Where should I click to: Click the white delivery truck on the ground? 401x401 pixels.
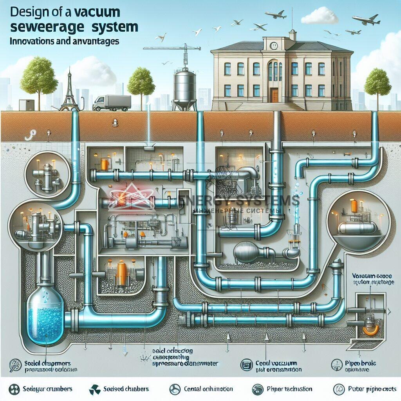(x=112, y=103)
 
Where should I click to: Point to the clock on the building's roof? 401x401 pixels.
(x=274, y=46)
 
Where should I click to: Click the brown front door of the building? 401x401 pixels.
(x=274, y=95)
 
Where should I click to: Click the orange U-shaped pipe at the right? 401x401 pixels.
(x=370, y=330)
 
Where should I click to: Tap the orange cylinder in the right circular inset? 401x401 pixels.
(x=354, y=206)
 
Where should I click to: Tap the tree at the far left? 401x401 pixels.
(x=39, y=78)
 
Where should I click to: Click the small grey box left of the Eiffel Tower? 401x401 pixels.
(x=27, y=105)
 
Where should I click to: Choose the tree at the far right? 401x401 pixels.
(x=377, y=83)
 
